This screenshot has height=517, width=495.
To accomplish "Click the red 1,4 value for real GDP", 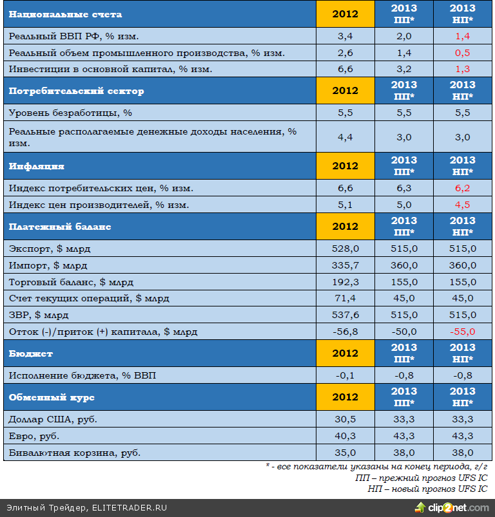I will (x=462, y=36).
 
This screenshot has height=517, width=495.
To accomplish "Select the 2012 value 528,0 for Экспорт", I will (x=345, y=249).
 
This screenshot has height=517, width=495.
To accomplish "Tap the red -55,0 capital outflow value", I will (x=462, y=332).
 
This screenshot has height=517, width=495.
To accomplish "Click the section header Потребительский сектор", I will (x=77, y=91).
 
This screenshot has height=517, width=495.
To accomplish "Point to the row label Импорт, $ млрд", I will (x=48, y=265).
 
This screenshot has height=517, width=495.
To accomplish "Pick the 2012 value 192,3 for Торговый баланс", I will (x=345, y=282).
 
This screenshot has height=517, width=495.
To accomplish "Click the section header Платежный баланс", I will (x=60, y=227).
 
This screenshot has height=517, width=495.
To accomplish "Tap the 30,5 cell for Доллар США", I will (x=345, y=419).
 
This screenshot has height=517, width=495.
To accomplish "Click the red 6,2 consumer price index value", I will (x=462, y=188).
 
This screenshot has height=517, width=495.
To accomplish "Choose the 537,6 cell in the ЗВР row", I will (x=345, y=315).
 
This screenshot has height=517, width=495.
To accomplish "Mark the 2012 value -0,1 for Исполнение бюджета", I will (x=345, y=375).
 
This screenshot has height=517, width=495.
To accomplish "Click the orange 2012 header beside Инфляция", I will (x=345, y=166).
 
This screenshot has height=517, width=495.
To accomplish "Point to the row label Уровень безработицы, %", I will (x=70, y=113).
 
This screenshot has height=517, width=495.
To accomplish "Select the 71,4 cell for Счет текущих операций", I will (x=345, y=299).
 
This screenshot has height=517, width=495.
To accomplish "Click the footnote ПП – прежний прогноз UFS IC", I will (x=421, y=478).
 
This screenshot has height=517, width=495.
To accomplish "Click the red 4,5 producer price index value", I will (x=462, y=205).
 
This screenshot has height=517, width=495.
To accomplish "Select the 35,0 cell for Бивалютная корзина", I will (x=345, y=453).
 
